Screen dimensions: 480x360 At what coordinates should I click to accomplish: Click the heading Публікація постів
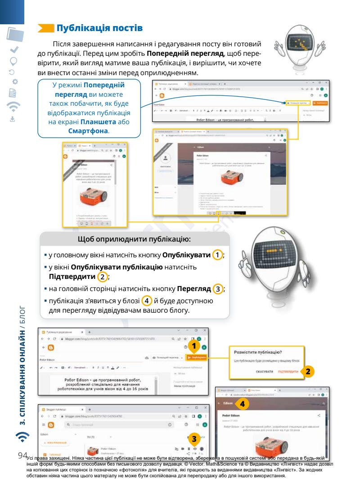click(x=99, y=28)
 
